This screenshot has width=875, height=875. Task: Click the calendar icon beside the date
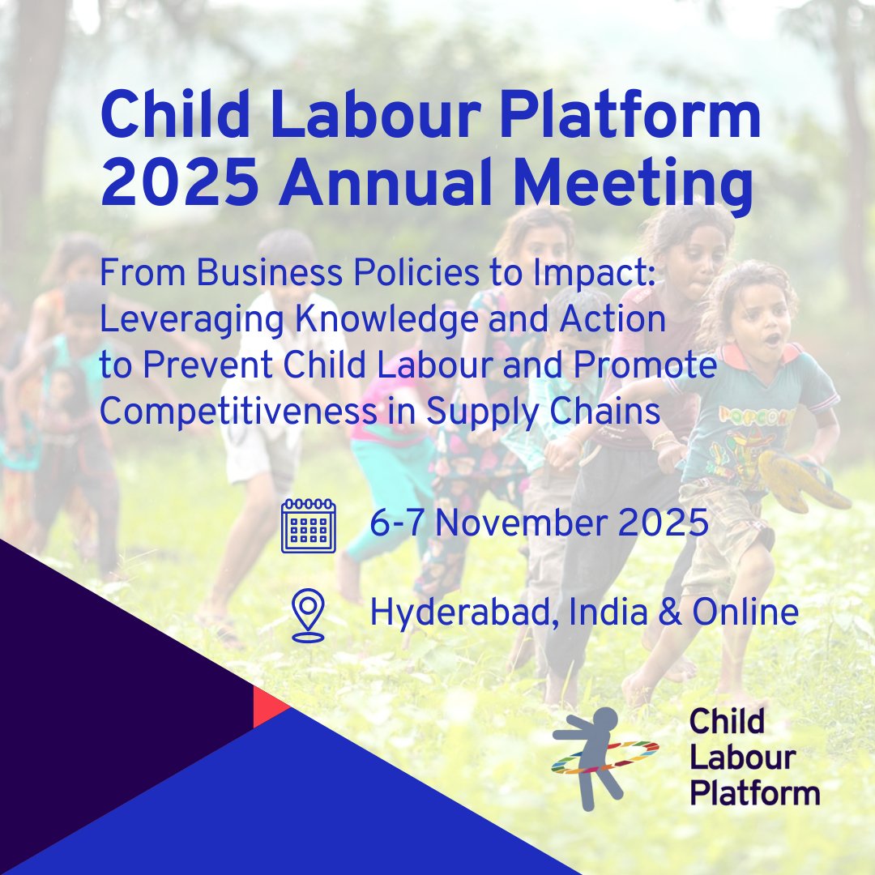coord(308,526)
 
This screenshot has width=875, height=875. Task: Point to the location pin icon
coord(308,615)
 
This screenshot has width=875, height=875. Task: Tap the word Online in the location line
coord(745,612)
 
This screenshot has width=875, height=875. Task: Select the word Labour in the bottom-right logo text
coord(741,757)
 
